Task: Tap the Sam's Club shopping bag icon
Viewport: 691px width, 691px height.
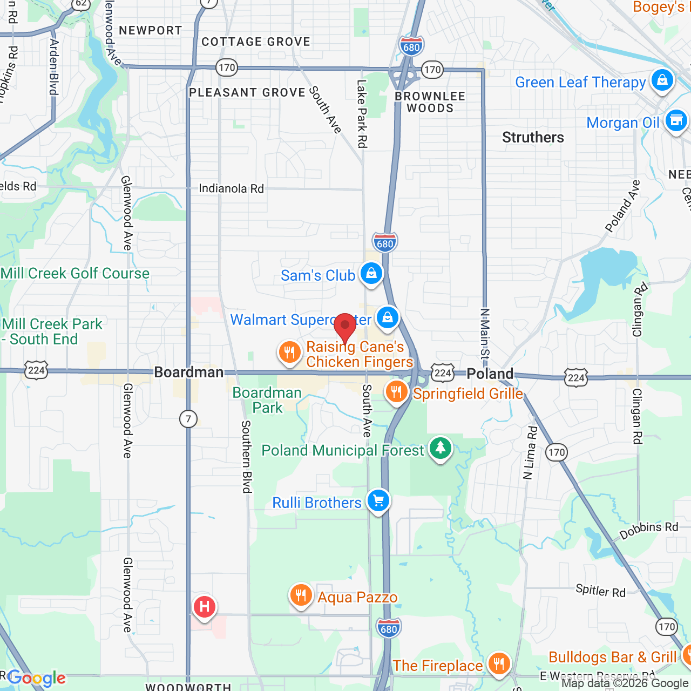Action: (x=371, y=274)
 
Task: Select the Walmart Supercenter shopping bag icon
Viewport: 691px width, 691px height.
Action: (x=387, y=318)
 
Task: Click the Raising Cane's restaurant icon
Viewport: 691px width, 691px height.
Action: (x=289, y=353)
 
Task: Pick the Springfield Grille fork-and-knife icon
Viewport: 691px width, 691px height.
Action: (x=397, y=392)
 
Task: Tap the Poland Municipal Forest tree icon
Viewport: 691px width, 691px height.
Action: (x=441, y=448)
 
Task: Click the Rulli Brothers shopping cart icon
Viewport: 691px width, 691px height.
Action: (x=378, y=501)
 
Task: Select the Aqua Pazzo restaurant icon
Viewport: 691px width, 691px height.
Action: (x=301, y=595)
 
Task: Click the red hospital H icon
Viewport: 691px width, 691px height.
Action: (x=205, y=607)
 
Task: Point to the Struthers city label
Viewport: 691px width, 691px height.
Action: (x=533, y=138)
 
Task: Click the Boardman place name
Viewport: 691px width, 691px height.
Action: (x=188, y=372)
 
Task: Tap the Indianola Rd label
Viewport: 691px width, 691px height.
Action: (x=231, y=188)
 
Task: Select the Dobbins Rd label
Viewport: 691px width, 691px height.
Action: (x=648, y=530)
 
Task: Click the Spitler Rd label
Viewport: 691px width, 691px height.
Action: (x=600, y=591)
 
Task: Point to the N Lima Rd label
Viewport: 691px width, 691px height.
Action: (x=531, y=453)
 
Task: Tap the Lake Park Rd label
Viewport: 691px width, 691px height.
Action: (x=362, y=113)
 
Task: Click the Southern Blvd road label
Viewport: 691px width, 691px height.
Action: (x=246, y=457)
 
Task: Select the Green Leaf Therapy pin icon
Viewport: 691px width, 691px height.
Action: (x=662, y=80)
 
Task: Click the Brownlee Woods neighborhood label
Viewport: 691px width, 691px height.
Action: (x=430, y=102)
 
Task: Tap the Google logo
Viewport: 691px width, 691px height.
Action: (x=37, y=678)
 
